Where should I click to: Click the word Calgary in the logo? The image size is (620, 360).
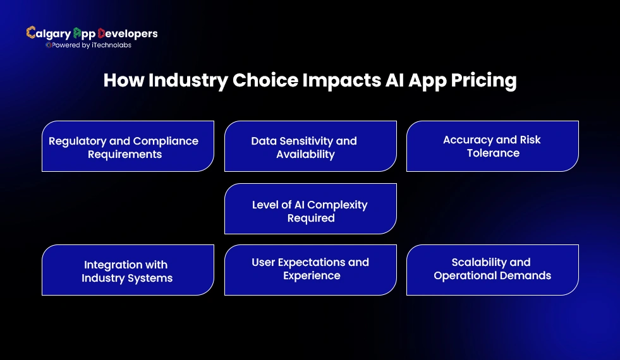tap(48, 33)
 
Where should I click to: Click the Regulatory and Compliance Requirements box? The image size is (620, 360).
tap(128, 147)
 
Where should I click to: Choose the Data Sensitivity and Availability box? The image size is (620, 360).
tap(310, 147)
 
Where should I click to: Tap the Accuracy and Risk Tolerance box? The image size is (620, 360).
tap(492, 147)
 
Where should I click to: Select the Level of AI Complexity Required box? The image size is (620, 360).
tap(310, 209)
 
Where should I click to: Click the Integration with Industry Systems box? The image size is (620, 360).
tap(128, 270)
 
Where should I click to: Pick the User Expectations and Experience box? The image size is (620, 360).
tap(310, 270)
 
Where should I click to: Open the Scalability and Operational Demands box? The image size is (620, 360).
tap(492, 270)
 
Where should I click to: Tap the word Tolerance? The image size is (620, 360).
tap(493, 153)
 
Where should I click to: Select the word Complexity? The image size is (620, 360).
tap(336, 205)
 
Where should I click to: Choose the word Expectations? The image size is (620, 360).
tap(312, 262)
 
